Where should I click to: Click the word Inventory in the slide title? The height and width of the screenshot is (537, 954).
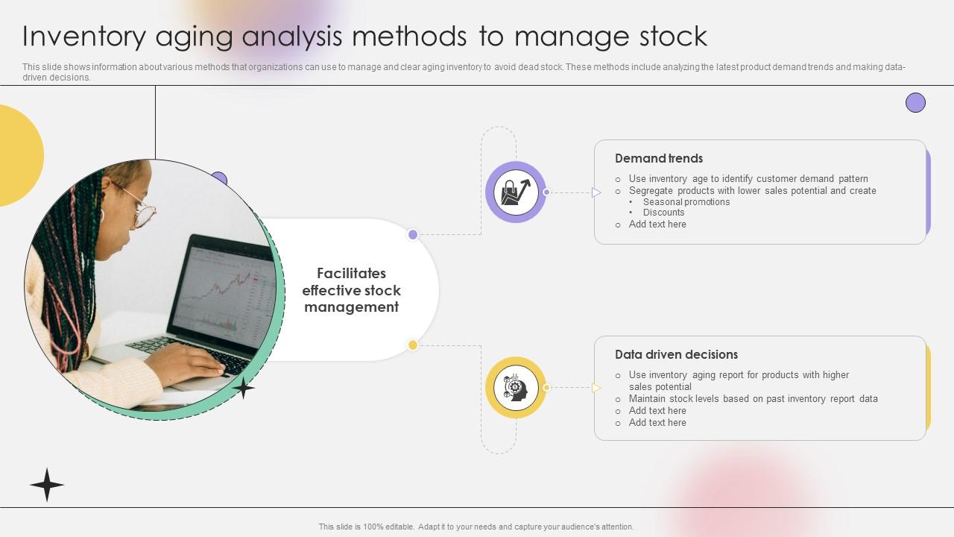pos(84,37)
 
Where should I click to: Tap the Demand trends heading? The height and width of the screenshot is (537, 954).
pos(658,159)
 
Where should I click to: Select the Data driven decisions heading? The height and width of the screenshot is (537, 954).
pos(676,354)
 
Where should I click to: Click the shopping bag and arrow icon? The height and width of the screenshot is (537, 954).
pos(516,192)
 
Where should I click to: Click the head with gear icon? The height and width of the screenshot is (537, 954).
pos(515,388)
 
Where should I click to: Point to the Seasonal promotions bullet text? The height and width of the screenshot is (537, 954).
pos(686,202)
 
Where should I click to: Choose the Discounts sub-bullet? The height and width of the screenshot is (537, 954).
pos(663,213)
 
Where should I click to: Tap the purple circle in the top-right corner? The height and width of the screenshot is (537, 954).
pos(915,103)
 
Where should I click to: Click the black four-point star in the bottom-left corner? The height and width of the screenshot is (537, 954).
pos(47,485)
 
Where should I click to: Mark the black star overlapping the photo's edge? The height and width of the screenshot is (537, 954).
pos(243,388)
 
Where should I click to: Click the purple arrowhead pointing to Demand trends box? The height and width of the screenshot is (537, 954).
pos(596,192)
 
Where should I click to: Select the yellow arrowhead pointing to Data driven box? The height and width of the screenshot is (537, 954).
pos(596,387)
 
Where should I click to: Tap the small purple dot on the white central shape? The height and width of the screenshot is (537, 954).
pos(413,234)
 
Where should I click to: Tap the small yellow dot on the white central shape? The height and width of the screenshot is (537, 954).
pos(413,345)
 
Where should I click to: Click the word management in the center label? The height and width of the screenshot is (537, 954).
pos(351,307)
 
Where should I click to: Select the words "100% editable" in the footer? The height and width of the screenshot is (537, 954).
pos(388,527)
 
